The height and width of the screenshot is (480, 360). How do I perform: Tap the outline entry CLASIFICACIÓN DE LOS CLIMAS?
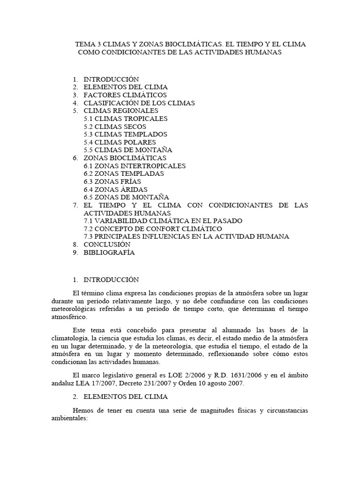tap(139, 103)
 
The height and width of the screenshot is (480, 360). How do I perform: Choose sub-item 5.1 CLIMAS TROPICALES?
tap(126, 119)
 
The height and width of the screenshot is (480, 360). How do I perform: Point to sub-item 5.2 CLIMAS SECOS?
tap(115, 127)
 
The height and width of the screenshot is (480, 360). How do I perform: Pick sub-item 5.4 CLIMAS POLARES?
tap(120, 142)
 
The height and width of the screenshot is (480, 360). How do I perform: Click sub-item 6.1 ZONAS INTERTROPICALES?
tap(135, 166)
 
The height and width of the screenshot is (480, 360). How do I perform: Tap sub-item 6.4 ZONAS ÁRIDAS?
tap(116, 189)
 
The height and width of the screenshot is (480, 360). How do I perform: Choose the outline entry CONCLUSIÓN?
tap(107, 244)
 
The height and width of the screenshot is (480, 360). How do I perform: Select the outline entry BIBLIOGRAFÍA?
tap(109, 252)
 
